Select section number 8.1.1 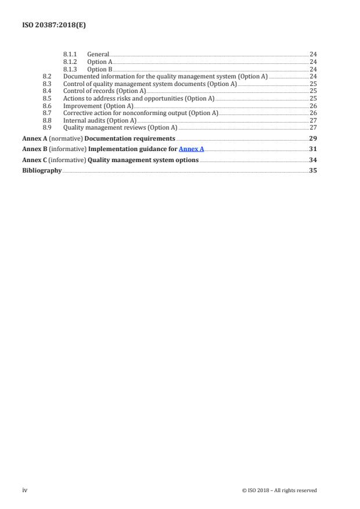click(x=69, y=54)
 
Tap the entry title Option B click(x=99, y=69)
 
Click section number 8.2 click(x=48, y=77)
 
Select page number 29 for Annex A click(x=312, y=139)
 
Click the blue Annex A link click(x=191, y=149)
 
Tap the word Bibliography click(x=42, y=170)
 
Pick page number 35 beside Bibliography click(x=312, y=170)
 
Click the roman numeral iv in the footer click(x=24, y=490)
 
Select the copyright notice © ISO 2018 click(x=279, y=490)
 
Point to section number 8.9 click(x=48, y=127)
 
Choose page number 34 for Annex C click(x=312, y=160)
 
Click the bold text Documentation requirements click(x=138, y=139)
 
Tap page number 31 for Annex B click(x=312, y=149)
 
